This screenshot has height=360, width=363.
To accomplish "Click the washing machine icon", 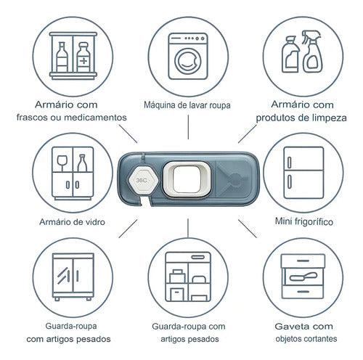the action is click(188, 57).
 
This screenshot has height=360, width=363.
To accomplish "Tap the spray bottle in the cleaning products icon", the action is click(312, 52).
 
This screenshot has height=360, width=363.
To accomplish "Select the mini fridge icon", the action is click(303, 173).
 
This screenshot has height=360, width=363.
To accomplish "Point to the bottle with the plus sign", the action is click(83, 57).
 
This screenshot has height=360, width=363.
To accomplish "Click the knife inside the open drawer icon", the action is click(303, 277).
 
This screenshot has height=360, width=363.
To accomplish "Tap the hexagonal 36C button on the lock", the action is click(143, 180).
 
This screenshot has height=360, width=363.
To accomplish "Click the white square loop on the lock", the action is click(187, 179).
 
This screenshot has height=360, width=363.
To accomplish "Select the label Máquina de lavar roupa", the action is click(187, 105).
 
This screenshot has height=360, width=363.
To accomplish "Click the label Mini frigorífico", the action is click(304, 221).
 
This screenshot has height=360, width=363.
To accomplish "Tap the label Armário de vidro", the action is click(72, 222).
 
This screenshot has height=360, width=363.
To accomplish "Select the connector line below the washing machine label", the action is click(188, 127).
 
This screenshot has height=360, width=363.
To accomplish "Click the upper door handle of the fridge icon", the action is click(289, 163).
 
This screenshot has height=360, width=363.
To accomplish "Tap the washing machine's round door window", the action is click(188, 62).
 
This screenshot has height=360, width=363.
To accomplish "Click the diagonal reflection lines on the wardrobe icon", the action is click(63, 275).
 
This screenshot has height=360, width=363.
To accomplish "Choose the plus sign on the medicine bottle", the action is click(83, 61).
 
